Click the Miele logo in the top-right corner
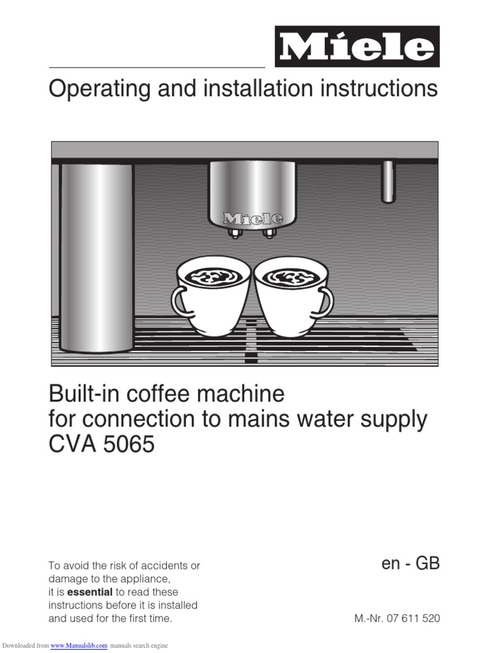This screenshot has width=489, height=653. (357, 47)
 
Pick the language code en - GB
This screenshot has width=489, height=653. (411, 564)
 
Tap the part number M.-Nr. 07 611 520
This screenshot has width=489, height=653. (397, 619)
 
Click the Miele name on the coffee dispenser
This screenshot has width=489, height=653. (252, 219)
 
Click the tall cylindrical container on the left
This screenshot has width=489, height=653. (97, 255)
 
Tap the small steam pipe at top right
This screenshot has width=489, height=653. (388, 182)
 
